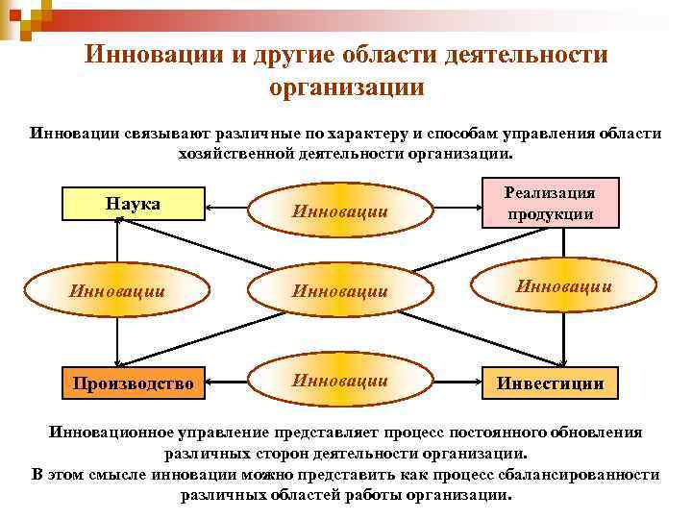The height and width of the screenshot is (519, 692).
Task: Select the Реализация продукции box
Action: [x=551, y=203]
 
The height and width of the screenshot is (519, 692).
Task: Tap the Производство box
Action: [x=136, y=383]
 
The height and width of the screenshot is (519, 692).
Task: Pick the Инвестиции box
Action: [x=550, y=383]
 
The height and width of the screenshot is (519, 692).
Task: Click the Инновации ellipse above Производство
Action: [x=116, y=288]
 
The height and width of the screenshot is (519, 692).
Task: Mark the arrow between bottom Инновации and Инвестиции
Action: [x=453, y=383]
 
